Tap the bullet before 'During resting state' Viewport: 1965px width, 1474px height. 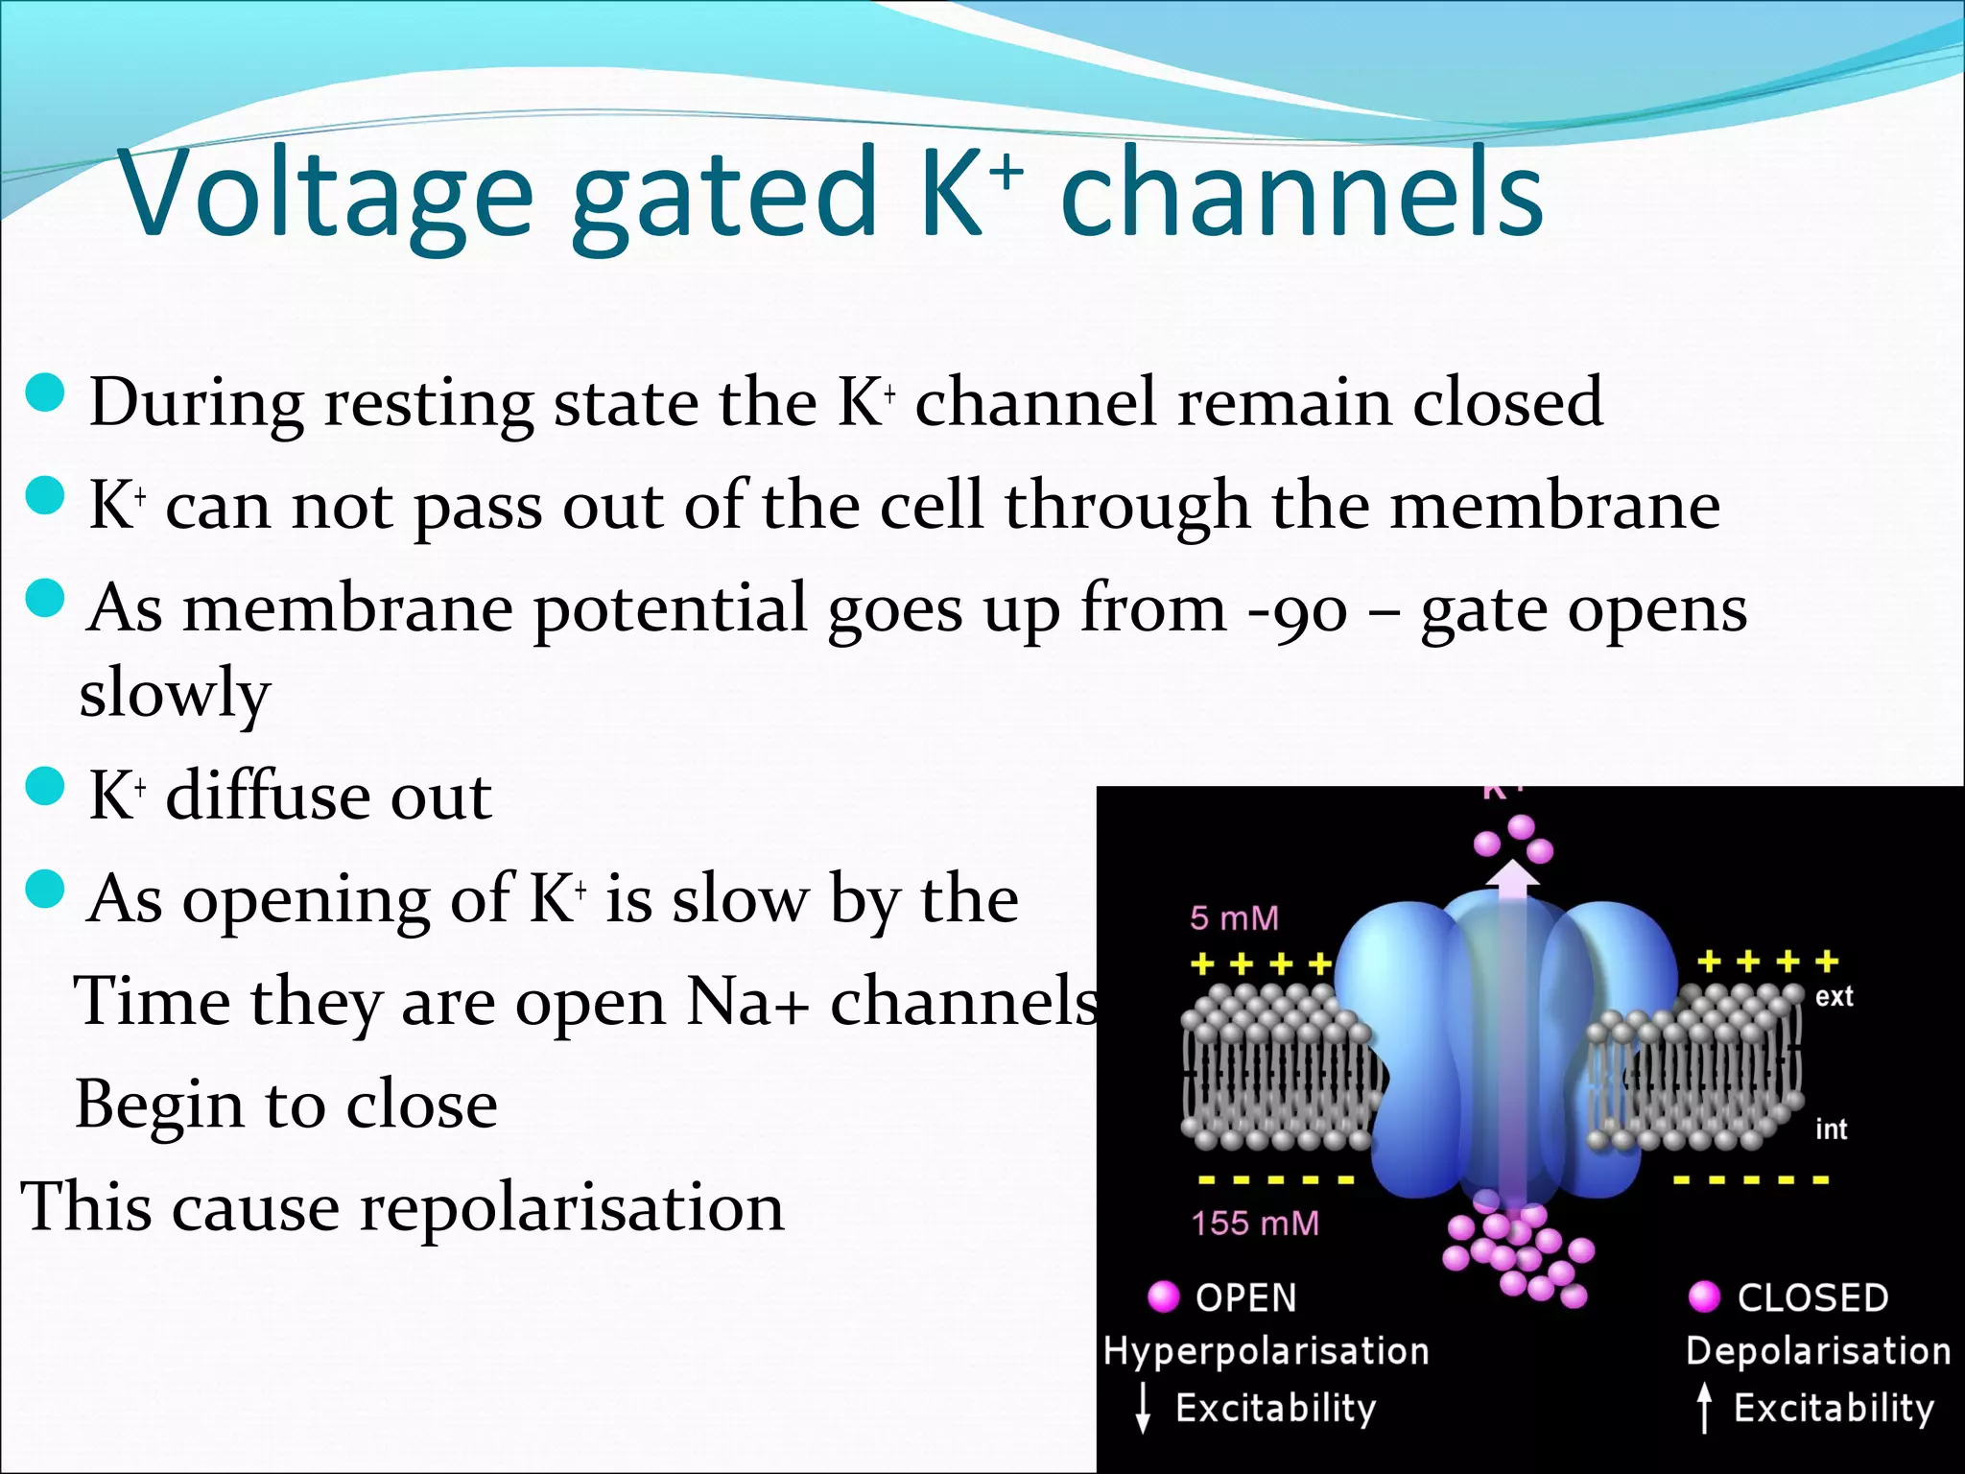click(45, 392)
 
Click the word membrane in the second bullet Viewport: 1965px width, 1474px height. click(1554, 506)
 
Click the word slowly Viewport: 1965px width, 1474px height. click(174, 693)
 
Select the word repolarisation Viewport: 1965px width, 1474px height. click(572, 1208)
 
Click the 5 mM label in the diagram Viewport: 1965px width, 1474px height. click(1234, 918)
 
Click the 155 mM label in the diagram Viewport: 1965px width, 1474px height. click(1255, 1224)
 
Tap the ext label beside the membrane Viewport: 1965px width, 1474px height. click(1834, 997)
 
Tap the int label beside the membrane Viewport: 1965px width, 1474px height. click(1831, 1129)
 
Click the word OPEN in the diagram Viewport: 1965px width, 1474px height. click(1245, 1298)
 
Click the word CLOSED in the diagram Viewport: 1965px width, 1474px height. click(1812, 1298)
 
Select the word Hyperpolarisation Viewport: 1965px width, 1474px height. click(1267, 1352)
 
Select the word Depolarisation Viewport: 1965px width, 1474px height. click(1818, 1352)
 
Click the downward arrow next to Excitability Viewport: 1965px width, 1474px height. click(1143, 1409)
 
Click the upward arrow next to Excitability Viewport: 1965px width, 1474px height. click(1704, 1409)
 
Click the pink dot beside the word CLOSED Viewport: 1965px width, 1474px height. click(1705, 1296)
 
